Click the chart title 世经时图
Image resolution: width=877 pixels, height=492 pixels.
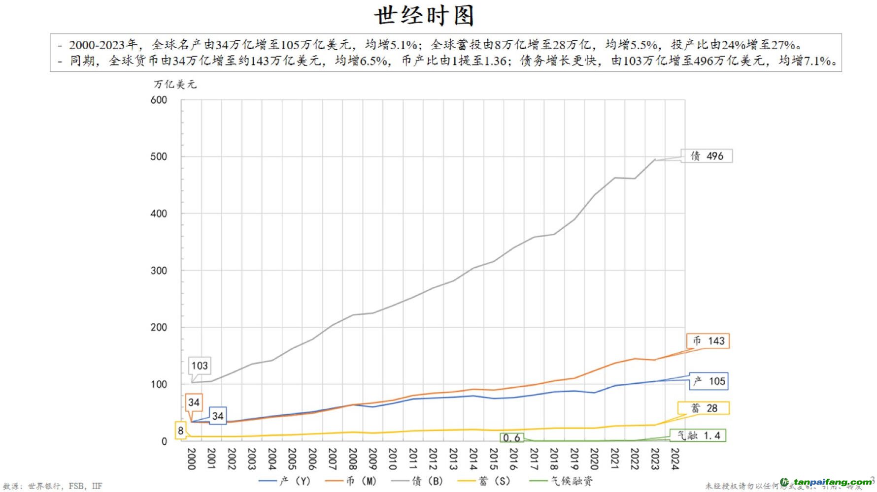point(424,15)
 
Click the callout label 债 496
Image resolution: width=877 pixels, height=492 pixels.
point(707,156)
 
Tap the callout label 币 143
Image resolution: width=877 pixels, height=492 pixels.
point(708,341)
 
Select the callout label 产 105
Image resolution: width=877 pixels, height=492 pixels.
point(708,381)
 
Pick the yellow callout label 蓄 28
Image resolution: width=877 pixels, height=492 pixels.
point(704,408)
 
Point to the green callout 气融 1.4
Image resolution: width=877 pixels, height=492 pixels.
point(698,435)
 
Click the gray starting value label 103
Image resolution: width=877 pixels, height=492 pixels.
point(200,366)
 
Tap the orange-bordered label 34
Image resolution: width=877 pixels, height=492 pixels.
point(194,402)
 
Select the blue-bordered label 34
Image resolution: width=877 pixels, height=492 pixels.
point(218,416)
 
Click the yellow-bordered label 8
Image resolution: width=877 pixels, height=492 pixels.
point(181,431)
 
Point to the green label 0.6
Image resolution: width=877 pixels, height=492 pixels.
point(511,437)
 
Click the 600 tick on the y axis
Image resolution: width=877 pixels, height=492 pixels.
point(159,100)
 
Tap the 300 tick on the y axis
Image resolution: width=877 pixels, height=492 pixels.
point(159,271)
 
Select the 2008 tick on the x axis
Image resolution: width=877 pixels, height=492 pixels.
point(353,459)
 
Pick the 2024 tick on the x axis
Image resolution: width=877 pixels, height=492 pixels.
point(675,459)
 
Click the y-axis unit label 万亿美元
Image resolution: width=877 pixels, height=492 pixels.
point(175,84)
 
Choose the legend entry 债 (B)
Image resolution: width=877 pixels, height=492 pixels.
point(419,481)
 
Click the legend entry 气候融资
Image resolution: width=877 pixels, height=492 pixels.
point(562,481)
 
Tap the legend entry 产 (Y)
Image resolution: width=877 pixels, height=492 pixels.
point(286,481)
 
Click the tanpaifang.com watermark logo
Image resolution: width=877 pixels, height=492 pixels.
point(828,482)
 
